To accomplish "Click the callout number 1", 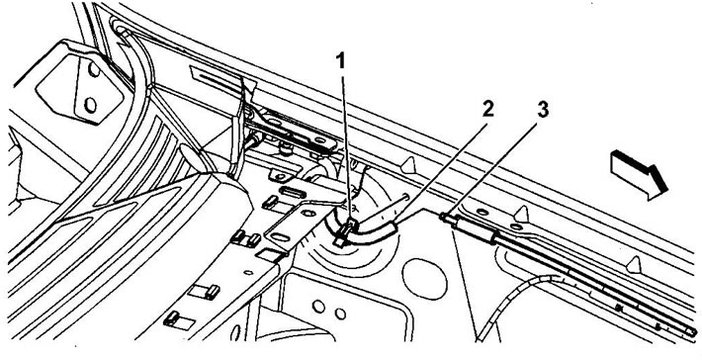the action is (341, 61).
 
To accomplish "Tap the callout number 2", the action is (488, 109).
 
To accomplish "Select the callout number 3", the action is (543, 109).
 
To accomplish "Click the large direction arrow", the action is (639, 174).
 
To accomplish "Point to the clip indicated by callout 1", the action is (347, 231).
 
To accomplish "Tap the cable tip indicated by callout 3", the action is (443, 217).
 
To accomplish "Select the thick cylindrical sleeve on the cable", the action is (475, 228).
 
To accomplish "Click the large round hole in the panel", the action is (424, 279).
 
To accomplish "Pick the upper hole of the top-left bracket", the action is (94, 69).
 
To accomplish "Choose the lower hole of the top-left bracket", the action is (90, 105).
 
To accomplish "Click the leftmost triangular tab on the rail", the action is (408, 165).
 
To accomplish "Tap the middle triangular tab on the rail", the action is (521, 214).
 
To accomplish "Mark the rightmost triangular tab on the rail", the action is (634, 264).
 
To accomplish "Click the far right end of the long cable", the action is (692, 332).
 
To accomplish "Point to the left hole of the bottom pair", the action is (318, 307).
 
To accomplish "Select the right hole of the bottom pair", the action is (340, 314).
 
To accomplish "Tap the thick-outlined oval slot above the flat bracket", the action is (292, 193).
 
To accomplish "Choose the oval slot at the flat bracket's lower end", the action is (280, 236).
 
